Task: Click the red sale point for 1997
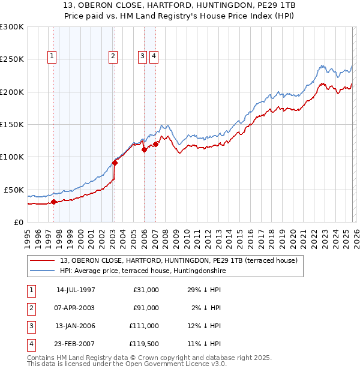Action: tap(54, 202)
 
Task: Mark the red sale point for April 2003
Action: tap(115, 163)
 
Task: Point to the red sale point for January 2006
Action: tap(144, 150)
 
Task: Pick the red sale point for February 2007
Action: tap(155, 144)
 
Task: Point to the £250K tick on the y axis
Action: tap(12, 59)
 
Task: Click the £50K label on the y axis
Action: tap(13, 190)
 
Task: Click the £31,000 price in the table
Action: tap(146, 290)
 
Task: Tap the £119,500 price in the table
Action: tap(144, 344)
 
